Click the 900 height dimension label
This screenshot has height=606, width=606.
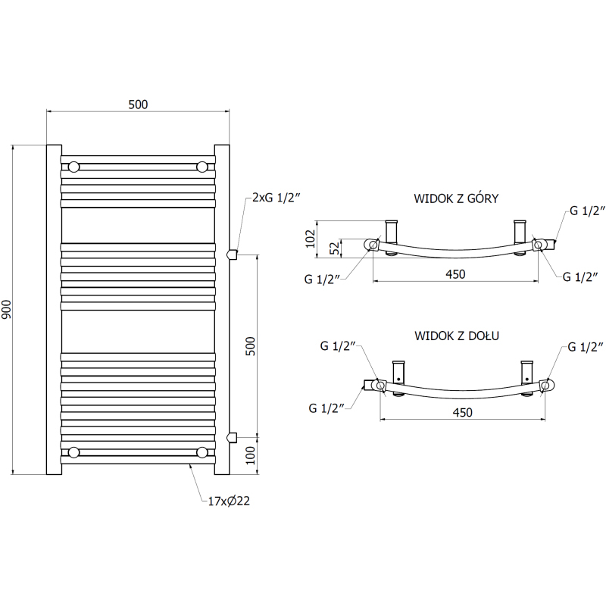point(7,309)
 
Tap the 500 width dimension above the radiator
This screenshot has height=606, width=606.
point(138,105)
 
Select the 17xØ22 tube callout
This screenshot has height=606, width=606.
point(229,501)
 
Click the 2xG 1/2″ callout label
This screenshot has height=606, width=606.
point(276,198)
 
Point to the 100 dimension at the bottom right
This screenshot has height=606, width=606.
point(251,455)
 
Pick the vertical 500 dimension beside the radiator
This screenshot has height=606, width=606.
point(251,346)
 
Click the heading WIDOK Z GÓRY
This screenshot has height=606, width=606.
point(456,198)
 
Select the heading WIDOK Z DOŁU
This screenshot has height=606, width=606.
point(457,336)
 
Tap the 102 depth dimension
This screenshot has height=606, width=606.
point(310,239)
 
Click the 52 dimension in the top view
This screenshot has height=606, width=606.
point(336,248)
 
